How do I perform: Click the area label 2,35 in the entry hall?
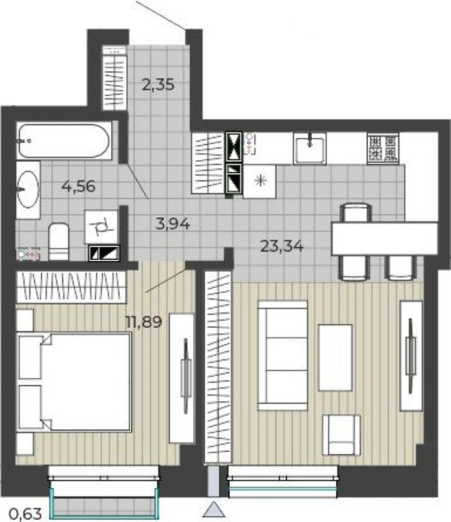158,85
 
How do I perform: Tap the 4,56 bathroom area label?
78,186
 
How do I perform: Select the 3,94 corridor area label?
173,224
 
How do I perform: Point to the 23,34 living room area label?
282,246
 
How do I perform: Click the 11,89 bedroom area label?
144,322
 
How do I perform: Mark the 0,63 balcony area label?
26,514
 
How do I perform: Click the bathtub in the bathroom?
64,141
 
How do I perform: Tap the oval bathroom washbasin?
28,190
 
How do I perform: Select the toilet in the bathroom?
58,242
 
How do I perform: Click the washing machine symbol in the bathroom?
101,227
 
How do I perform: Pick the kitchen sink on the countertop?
310,148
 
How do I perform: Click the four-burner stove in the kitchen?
383,148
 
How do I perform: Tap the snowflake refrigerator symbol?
260,181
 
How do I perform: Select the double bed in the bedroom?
74,382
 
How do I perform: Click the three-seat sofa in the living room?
282,355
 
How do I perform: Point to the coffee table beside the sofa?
335,357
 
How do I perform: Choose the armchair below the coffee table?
341,435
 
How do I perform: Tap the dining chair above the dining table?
356,213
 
